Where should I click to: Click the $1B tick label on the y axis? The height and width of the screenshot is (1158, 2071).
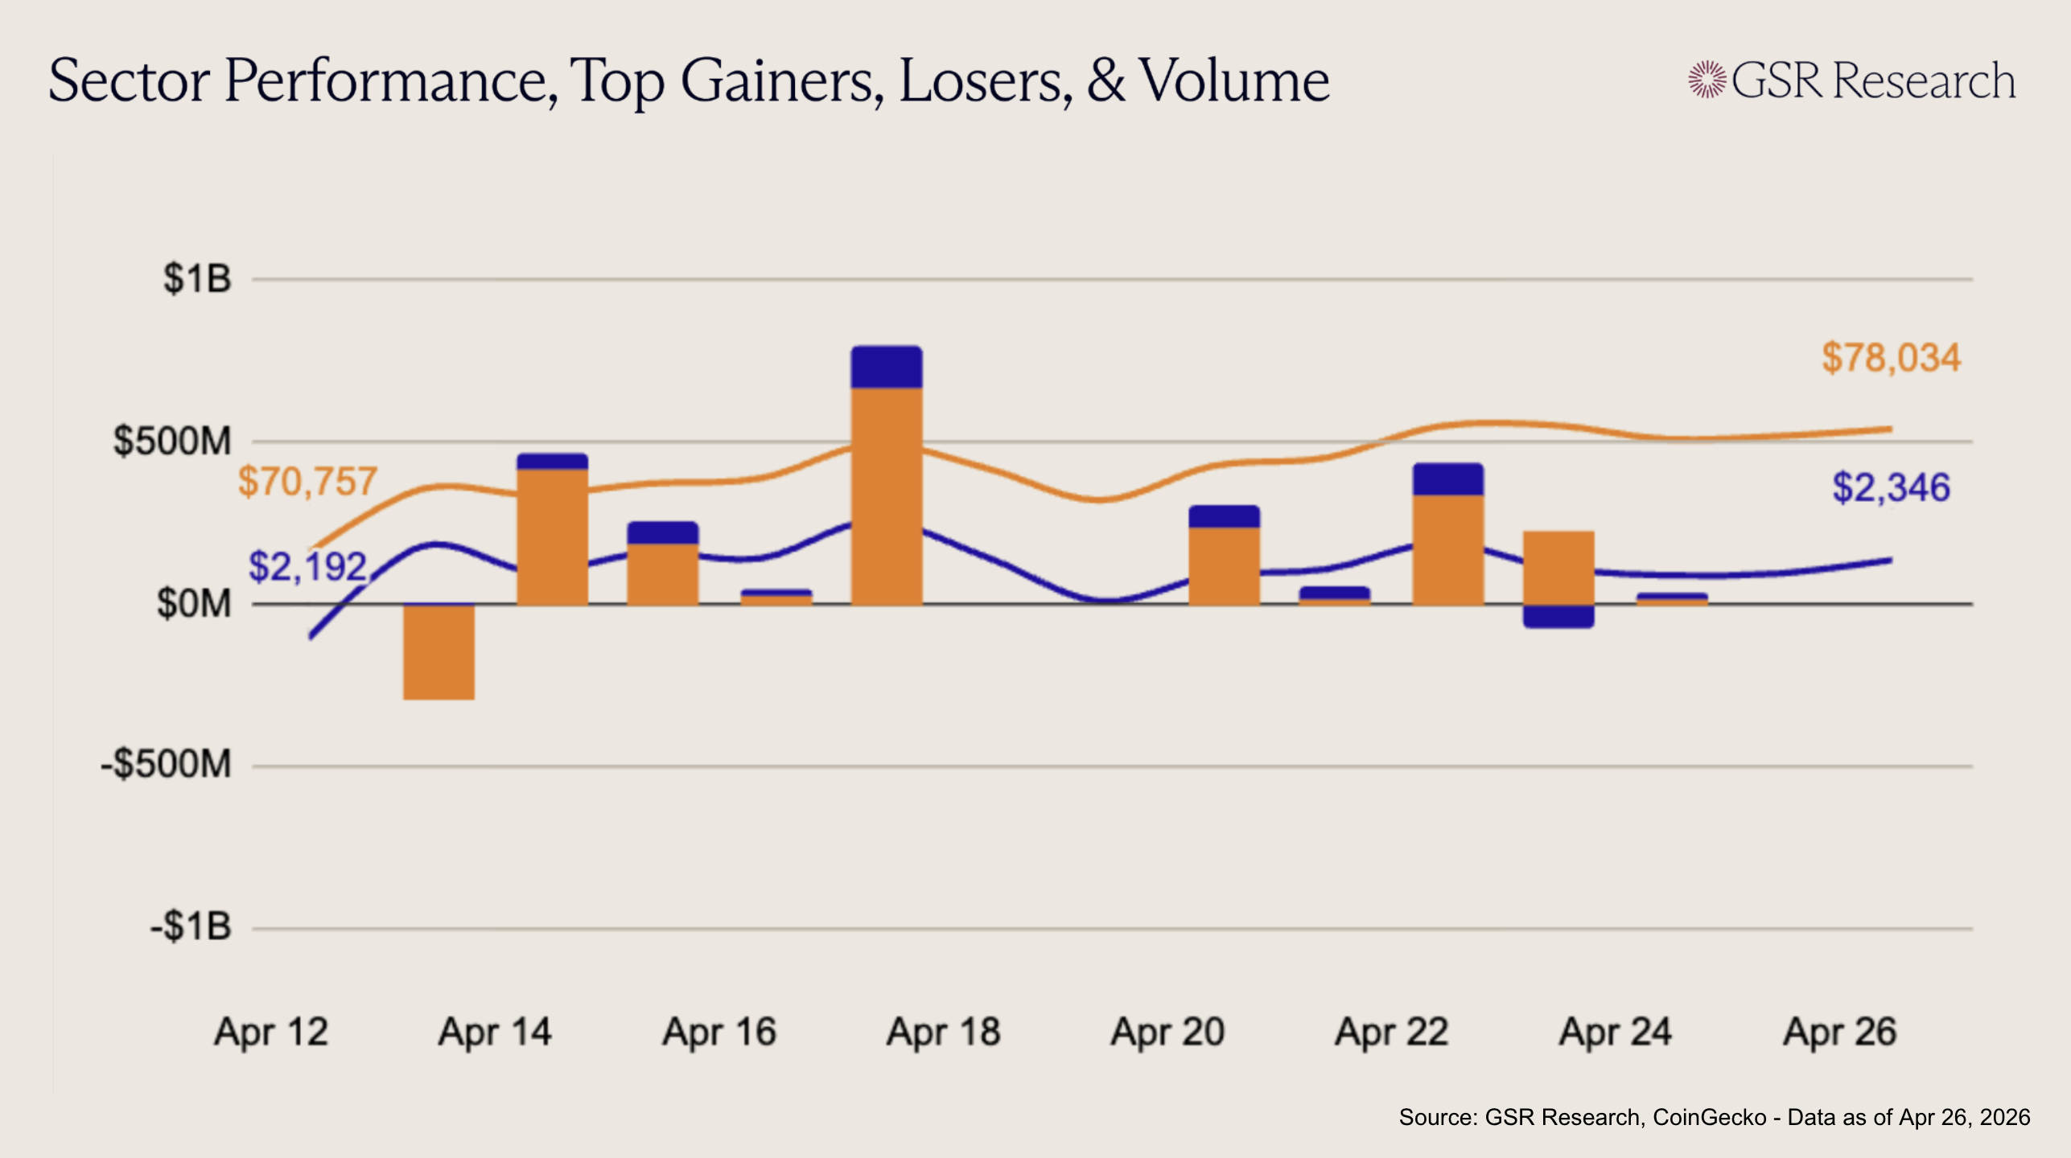click(197, 279)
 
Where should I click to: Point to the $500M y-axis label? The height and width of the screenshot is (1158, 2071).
click(172, 441)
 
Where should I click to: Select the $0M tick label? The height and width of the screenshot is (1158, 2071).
click(194, 603)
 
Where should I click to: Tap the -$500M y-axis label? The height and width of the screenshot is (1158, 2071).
click(166, 764)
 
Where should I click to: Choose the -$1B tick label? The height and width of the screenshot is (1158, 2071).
click(191, 926)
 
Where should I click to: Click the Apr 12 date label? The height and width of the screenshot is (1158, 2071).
click(271, 1032)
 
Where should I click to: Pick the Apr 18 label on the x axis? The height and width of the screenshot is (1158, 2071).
click(943, 1032)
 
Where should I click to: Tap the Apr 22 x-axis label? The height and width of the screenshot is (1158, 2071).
click(1392, 1032)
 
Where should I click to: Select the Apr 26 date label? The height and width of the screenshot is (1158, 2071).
click(1840, 1032)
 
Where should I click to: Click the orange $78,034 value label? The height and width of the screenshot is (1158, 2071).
click(1891, 358)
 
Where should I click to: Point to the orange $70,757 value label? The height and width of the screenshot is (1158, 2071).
click(307, 482)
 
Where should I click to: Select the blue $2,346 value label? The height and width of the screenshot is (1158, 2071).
click(1891, 488)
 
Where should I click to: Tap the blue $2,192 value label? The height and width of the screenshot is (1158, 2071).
click(307, 567)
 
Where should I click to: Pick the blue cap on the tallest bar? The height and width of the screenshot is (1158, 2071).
click(887, 368)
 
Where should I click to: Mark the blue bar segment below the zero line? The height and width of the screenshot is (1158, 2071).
click(1558, 616)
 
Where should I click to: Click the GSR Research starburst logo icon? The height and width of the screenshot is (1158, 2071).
click(1707, 80)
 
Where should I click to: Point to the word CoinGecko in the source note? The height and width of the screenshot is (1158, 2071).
click(1710, 1117)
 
